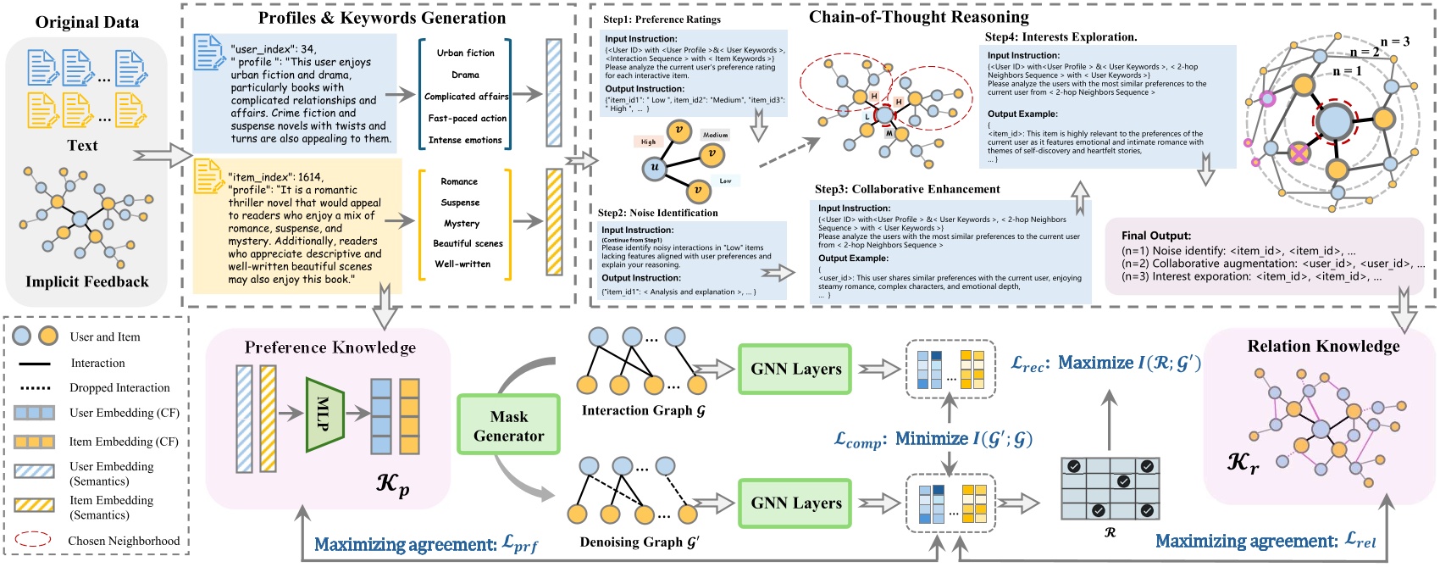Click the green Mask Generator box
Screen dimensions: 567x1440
pos(508,425)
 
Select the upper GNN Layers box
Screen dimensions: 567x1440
pos(795,369)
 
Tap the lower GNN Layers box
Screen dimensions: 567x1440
pos(795,503)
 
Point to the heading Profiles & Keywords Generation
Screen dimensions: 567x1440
pos(381,18)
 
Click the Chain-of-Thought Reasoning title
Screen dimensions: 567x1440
pos(918,17)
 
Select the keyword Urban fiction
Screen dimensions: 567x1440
pos(465,53)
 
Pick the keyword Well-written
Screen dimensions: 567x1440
pos(462,264)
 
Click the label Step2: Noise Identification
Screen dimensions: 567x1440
pos(657,213)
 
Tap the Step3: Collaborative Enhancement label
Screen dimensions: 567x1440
pos(906,189)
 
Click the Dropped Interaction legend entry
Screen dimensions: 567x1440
pos(119,387)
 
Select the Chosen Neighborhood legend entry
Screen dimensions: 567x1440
pos(124,541)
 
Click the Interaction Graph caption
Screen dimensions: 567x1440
pos(643,410)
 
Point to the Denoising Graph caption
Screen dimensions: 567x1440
pos(639,542)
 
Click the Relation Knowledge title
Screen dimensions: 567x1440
pos(1323,346)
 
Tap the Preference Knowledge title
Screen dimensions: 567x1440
pos(330,347)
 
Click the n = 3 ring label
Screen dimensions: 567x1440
pos(1394,41)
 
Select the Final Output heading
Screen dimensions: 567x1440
pos(1155,236)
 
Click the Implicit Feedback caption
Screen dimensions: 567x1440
pos(86,281)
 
